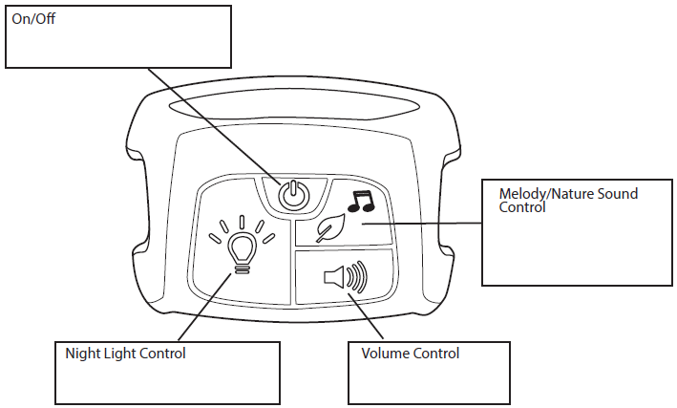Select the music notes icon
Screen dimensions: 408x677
(361, 200)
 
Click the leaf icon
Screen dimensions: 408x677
(330, 230)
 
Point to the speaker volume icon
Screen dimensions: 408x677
(346, 278)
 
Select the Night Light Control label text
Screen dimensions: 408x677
(125, 354)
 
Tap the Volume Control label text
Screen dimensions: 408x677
(411, 354)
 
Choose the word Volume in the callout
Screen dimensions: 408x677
(385, 354)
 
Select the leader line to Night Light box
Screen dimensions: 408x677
(201, 309)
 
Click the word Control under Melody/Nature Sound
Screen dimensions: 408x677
(522, 206)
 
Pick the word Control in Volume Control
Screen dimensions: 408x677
(436, 354)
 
